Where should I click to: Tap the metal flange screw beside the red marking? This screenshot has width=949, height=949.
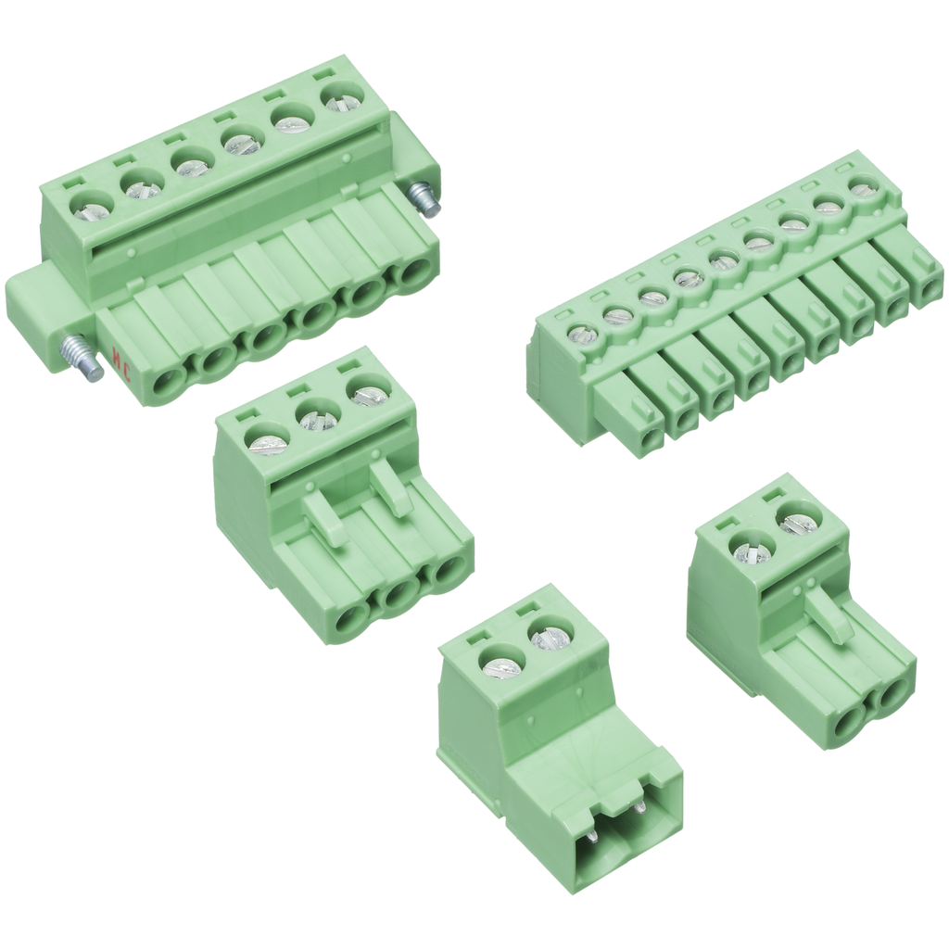point(84,357)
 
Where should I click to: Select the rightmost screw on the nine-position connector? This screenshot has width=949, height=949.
point(864,189)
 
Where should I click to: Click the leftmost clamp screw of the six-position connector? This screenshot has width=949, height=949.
point(92,209)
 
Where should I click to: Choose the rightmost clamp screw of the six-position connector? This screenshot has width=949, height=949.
point(343,97)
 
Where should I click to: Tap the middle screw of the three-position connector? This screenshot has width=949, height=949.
point(317,419)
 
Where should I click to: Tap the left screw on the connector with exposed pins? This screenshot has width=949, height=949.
point(502,664)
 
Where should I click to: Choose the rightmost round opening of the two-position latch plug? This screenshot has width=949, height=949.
point(890,695)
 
